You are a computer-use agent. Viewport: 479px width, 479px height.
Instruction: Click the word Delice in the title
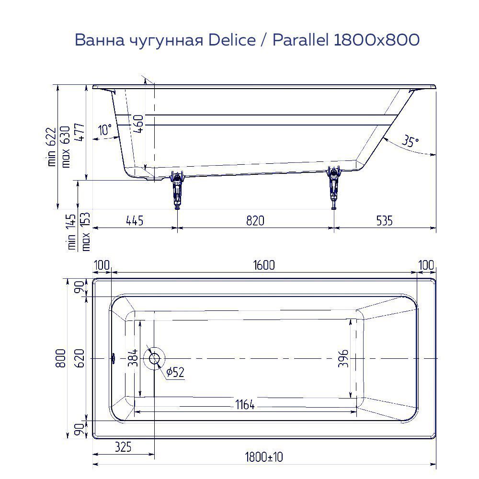(232, 41)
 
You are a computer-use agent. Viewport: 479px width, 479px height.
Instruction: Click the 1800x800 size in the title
(376, 41)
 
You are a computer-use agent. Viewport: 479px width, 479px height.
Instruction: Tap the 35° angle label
(410, 142)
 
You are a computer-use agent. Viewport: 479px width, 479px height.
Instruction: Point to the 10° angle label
(105, 129)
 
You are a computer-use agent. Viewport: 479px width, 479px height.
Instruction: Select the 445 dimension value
(135, 220)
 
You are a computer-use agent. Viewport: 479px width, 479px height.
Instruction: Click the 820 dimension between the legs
(255, 220)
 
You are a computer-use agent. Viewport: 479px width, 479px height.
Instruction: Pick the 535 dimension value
(384, 220)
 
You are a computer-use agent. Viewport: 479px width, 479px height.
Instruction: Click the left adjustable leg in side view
(178, 190)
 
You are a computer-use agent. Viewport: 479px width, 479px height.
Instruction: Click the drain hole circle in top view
(155, 358)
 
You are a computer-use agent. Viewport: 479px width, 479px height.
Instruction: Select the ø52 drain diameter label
(175, 373)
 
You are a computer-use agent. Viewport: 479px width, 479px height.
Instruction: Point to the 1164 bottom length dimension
(245, 405)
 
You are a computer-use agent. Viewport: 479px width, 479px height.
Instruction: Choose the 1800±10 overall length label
(264, 457)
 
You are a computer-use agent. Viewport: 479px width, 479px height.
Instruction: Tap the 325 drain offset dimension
(123, 447)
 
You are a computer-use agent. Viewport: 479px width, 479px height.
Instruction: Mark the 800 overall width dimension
(60, 358)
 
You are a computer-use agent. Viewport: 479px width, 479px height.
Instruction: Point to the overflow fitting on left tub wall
(114, 357)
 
